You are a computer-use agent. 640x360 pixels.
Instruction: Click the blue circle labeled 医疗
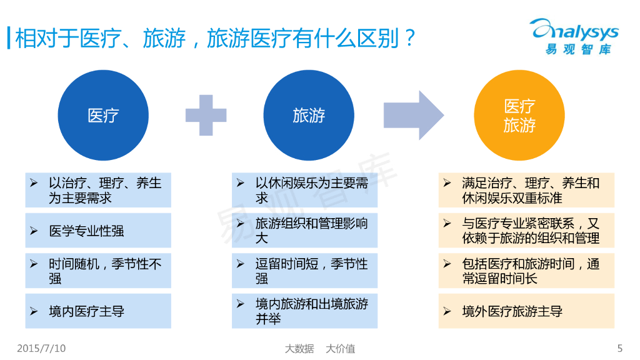tap(103, 116)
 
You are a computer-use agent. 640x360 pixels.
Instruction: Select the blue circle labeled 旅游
tap(309, 116)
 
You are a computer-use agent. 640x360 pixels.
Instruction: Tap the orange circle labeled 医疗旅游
tap(519, 116)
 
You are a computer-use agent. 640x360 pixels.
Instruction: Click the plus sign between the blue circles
tap(206, 116)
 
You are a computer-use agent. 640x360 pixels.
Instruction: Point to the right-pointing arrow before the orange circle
tap(413, 116)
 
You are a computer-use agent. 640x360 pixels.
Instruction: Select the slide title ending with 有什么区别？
tap(216, 39)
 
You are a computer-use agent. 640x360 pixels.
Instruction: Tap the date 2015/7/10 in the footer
tap(41, 347)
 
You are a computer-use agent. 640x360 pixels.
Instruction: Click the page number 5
tap(619, 348)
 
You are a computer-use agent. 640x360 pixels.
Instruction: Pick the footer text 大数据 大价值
tap(320, 348)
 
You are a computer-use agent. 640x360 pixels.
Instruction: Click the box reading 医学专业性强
tap(98, 231)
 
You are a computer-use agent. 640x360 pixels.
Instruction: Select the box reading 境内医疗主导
tap(98, 311)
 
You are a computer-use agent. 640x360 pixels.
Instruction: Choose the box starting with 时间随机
tap(98, 271)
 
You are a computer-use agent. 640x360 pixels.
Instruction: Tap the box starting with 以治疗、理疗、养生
tap(98, 190)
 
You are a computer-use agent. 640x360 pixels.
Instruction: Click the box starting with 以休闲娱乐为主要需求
tap(304, 190)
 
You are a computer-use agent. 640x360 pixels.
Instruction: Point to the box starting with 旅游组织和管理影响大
tap(304, 231)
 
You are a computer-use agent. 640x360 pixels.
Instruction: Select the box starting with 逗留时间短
tap(304, 271)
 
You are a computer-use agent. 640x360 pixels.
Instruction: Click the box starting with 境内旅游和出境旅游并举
tap(304, 311)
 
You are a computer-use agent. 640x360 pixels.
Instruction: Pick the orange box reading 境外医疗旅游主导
tap(526, 311)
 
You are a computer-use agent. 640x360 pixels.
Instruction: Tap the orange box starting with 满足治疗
tap(526, 190)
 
